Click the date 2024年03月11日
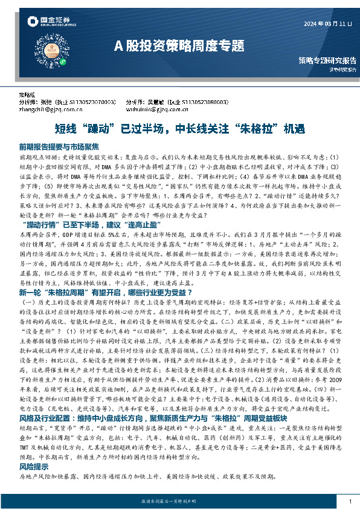coord(324,24)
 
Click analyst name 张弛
coord(54,103)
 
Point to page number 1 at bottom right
coord(350,501)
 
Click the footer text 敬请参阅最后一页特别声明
coord(179,501)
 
